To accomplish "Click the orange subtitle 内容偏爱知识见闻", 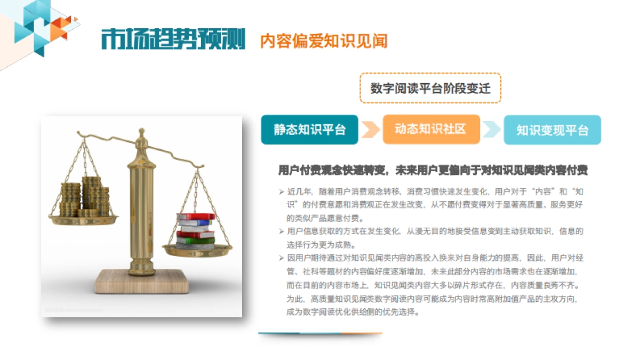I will pos(323,41).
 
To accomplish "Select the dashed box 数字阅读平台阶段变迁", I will pos(430,88).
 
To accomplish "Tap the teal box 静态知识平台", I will pos(309,130).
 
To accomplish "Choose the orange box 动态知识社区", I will pos(431,129).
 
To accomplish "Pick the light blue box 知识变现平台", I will pos(552,130).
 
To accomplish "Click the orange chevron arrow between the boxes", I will pos(370,130).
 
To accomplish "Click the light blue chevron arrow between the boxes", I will pos(492,130).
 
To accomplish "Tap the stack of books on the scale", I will pos(195,229).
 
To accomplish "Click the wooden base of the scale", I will pos(141,281).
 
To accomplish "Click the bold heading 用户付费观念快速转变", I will pos(433,171).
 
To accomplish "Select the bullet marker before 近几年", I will pos(281,191).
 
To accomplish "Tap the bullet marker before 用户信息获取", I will pos(281,231).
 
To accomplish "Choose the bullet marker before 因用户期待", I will pos(281,258).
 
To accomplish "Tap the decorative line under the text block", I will pos(320,334).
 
